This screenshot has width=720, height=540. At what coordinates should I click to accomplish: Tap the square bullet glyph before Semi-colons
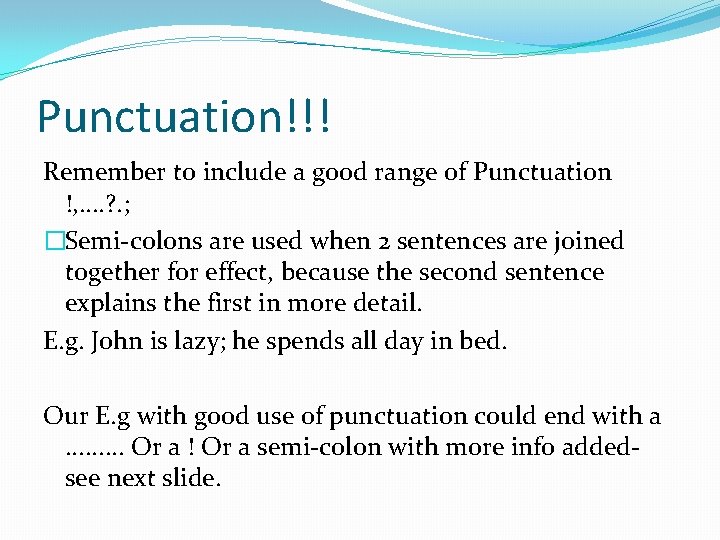click(54, 241)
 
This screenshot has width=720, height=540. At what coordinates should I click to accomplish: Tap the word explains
click(109, 304)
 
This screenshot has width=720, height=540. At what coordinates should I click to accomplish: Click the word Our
click(64, 415)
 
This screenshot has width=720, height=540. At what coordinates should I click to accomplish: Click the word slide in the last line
click(191, 478)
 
